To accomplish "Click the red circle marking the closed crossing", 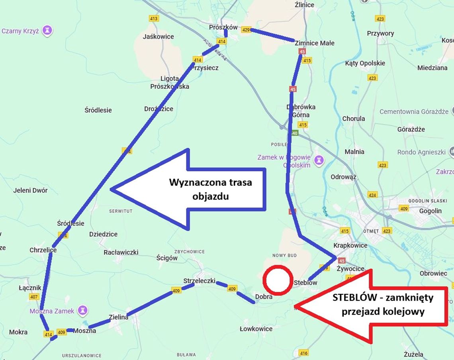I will pos(278,280).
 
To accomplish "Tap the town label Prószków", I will pos(223,27).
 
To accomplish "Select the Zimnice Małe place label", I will pos(315,43).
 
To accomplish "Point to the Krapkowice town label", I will pos(350,245).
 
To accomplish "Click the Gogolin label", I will pos(430,211).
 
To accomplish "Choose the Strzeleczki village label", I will pos(199,281).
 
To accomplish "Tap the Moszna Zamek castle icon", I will pos(82,310).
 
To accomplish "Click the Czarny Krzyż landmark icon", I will pos(48,30).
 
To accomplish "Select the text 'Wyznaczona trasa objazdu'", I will pos(211,189).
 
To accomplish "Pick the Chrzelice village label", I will pos(43,250).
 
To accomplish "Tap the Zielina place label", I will pos(118,317).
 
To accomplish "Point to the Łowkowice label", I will pos(256,329).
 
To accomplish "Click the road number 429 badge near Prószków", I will pos(246,30).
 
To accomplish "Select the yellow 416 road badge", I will pos(304,353).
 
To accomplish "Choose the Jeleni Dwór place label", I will pos(30,190).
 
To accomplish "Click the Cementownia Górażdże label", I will pos(414,112).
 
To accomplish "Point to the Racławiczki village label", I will pos(121,252).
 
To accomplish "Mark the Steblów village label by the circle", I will pos(305,283).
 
